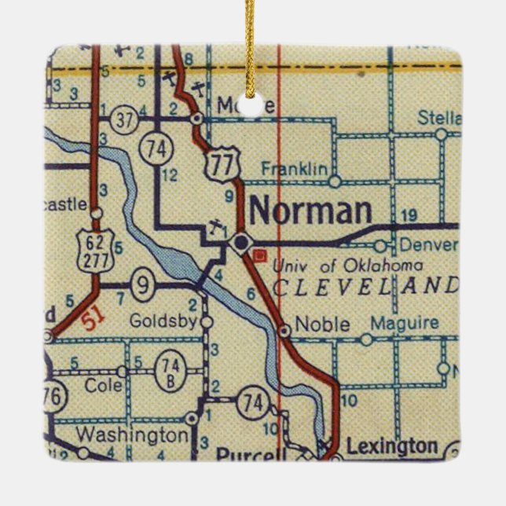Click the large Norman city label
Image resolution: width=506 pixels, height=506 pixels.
coord(310,211)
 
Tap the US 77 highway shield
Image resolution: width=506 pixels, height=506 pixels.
coord(215,165)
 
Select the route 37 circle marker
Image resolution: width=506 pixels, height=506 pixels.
coord(123,119)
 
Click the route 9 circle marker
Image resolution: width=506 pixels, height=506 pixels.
coord(141,285)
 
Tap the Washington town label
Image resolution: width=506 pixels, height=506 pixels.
coord(133,434)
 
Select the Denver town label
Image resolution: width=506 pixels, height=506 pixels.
coord(428,244)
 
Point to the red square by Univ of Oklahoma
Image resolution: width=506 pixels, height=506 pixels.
coord(263,255)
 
